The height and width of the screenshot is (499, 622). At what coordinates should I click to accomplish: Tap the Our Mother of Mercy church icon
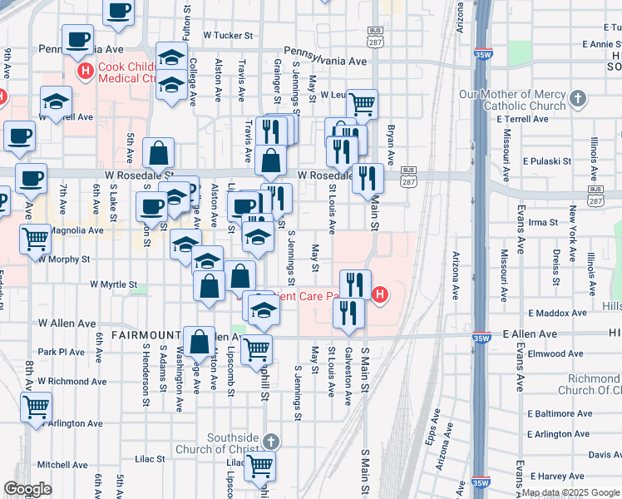click(x=580, y=100)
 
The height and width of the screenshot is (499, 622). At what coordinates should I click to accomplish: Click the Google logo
click(x=27, y=489)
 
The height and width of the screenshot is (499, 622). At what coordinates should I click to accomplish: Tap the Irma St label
click(x=543, y=223)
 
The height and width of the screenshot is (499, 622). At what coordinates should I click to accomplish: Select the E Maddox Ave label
click(x=558, y=314)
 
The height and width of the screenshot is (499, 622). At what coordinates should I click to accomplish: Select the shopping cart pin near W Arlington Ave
click(x=36, y=407)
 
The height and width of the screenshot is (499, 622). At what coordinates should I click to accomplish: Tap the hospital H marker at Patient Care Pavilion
click(x=381, y=294)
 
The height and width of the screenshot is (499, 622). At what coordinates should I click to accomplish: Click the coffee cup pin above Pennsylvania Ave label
click(x=79, y=39)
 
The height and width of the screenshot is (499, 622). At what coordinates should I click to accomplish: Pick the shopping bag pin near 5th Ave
click(x=158, y=153)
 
